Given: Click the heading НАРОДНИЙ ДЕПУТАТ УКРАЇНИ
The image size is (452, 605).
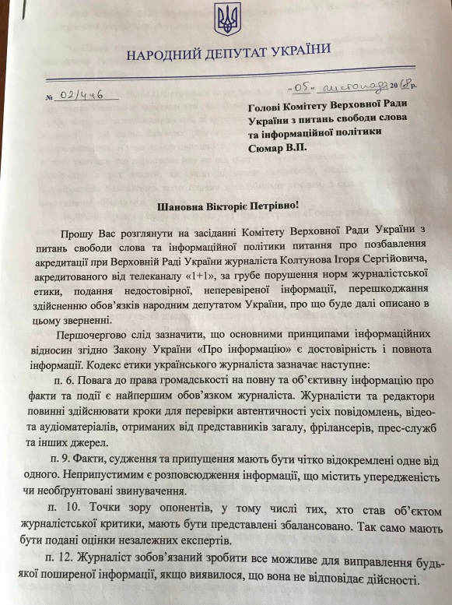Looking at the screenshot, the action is pos(227,51).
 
